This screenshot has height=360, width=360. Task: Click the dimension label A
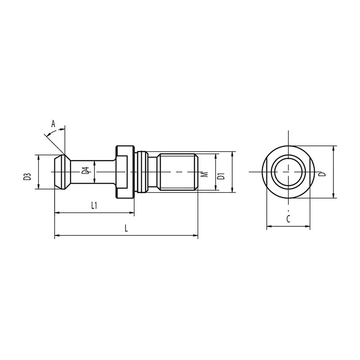point(53,124)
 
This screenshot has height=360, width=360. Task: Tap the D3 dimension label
point(27,177)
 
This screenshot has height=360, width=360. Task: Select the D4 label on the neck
point(85,171)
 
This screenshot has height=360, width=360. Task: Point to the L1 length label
point(94,205)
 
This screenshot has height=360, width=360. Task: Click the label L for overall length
point(126,228)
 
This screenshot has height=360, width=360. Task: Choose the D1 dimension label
point(221,176)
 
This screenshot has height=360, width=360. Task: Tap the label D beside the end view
point(323,174)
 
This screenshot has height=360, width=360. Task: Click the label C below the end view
point(288,219)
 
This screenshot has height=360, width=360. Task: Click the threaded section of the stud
point(178,172)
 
